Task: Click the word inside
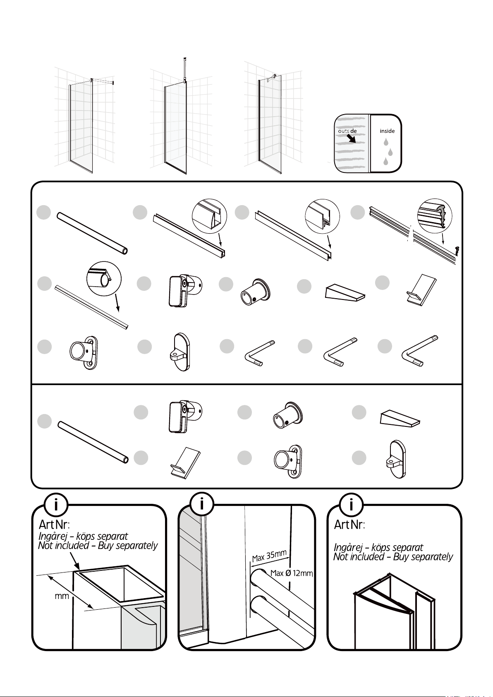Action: point(387,131)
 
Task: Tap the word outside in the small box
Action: point(347,131)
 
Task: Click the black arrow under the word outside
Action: point(351,139)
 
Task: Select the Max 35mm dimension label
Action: point(269,556)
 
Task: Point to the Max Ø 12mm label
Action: point(292,573)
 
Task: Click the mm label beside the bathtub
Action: point(62,596)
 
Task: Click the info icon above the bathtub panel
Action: point(56,504)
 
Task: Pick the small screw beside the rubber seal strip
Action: point(457,250)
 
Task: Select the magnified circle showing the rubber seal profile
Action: point(435,216)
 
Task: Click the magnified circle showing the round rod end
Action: point(104,279)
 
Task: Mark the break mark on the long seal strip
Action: point(412,234)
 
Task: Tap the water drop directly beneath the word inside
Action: point(386,142)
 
